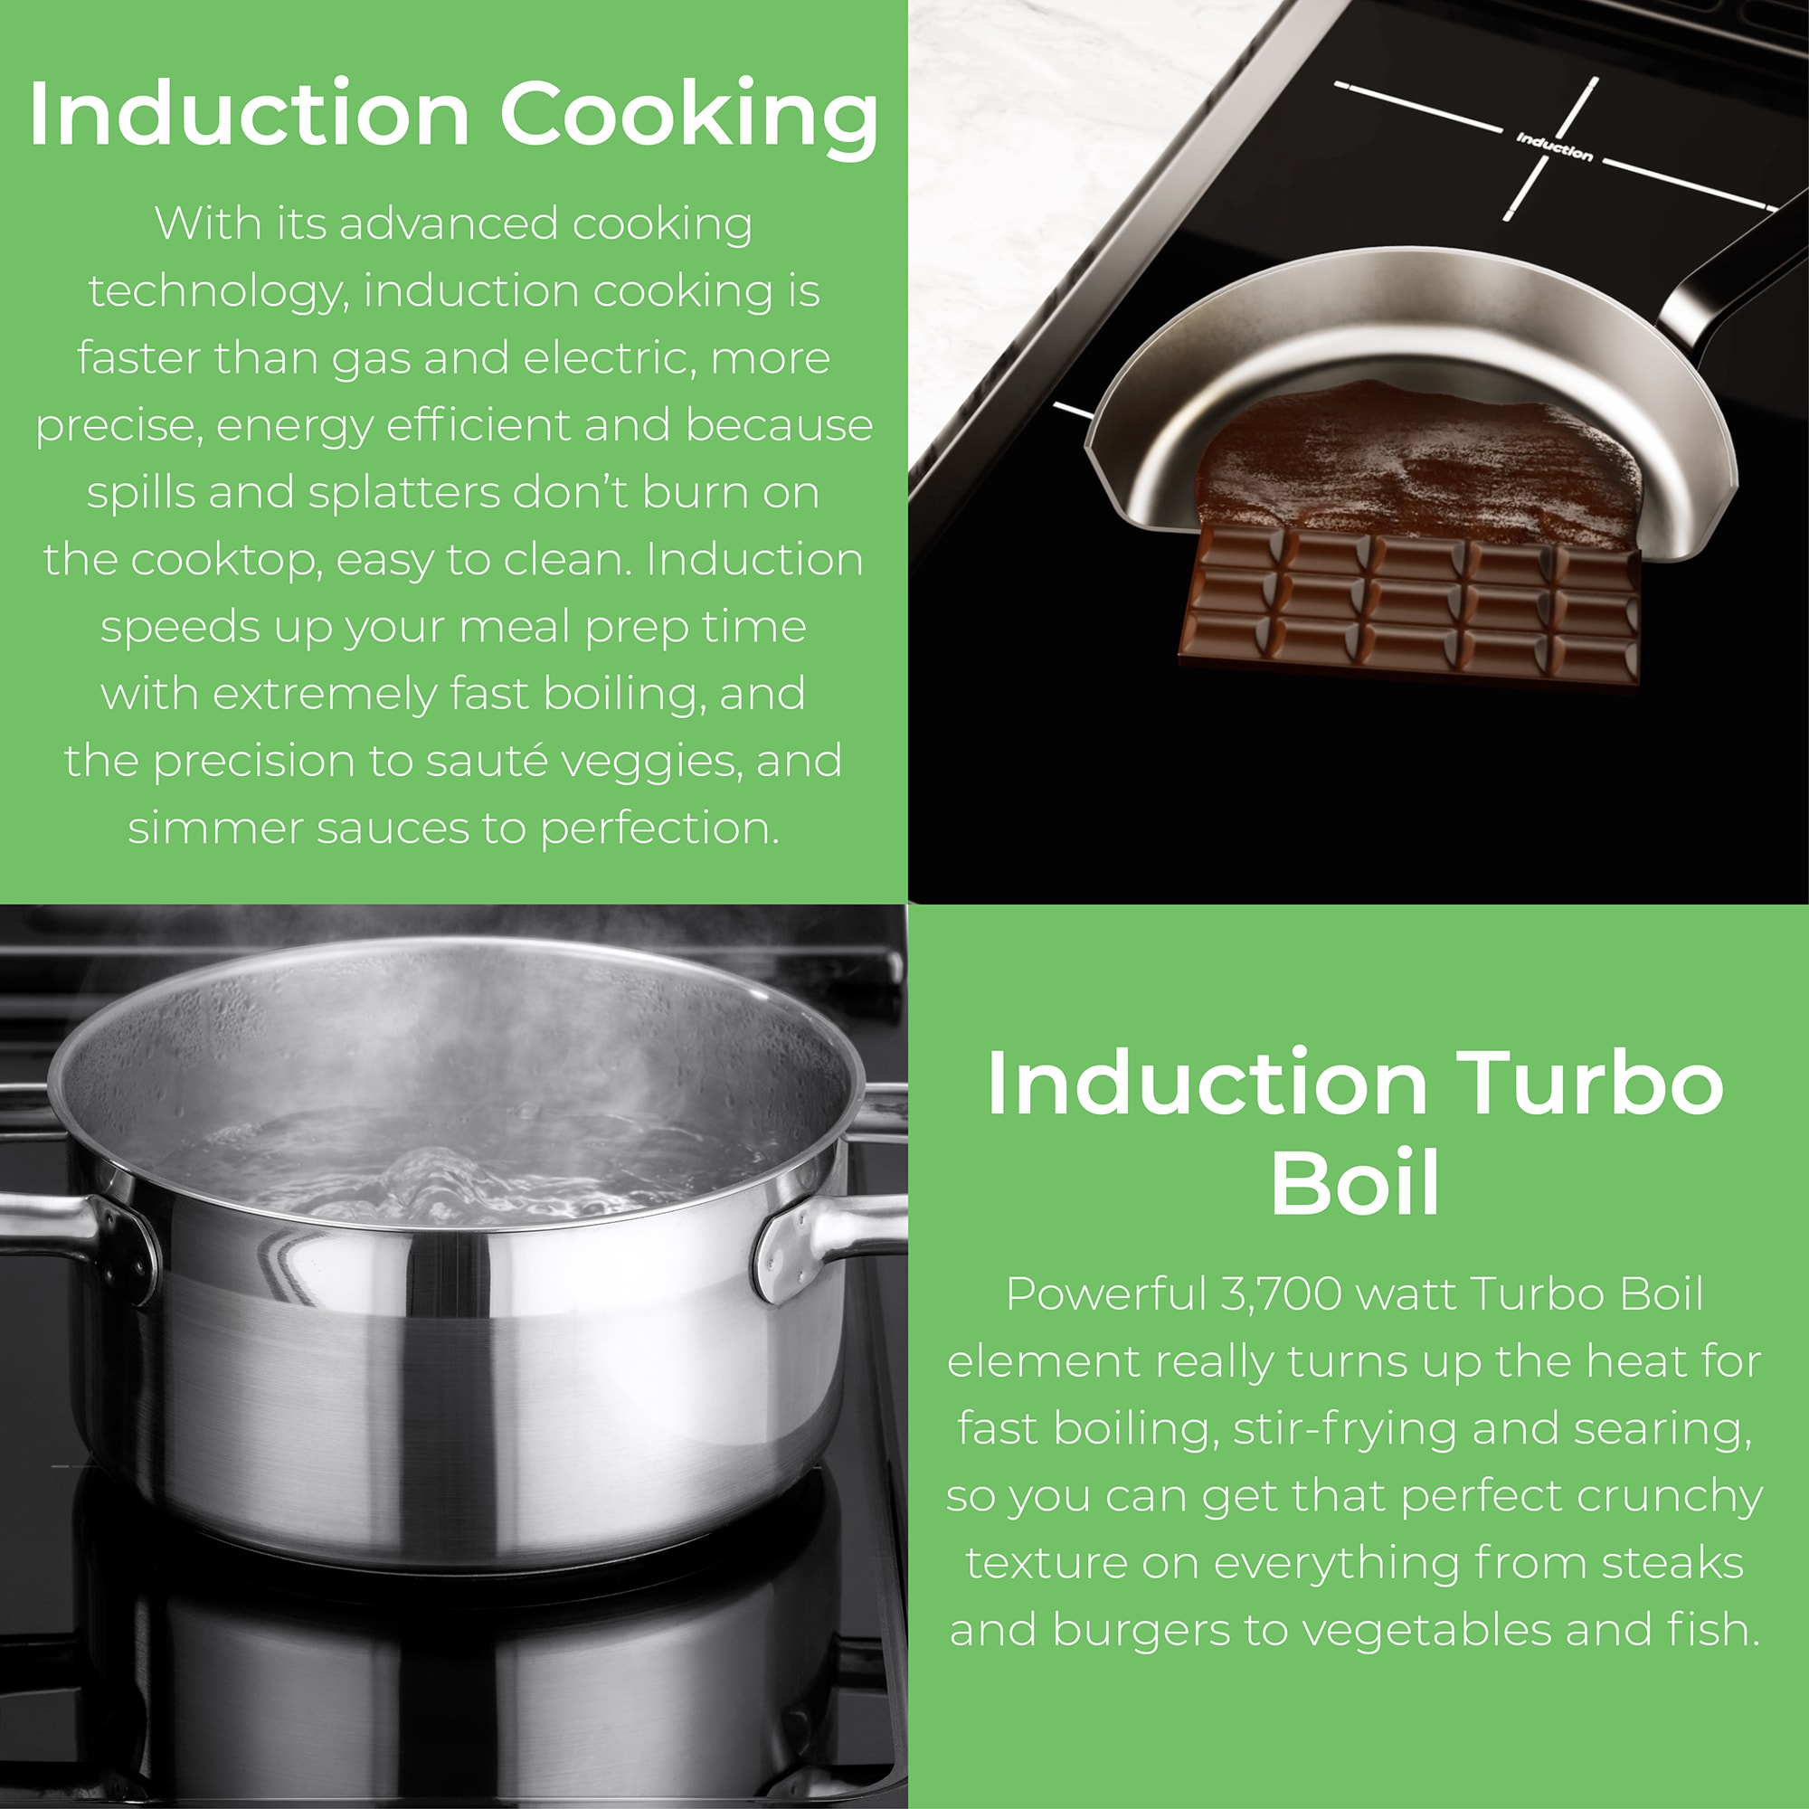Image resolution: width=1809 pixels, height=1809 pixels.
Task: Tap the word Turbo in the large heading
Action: pyautogui.click(x=1588, y=1084)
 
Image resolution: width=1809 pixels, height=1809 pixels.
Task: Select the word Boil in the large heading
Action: pyautogui.click(x=1355, y=1182)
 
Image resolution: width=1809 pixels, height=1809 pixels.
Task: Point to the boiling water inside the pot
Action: pyautogui.click(x=450, y=1170)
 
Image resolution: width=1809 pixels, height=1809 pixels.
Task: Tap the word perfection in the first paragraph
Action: pyautogui.click(x=660, y=829)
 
